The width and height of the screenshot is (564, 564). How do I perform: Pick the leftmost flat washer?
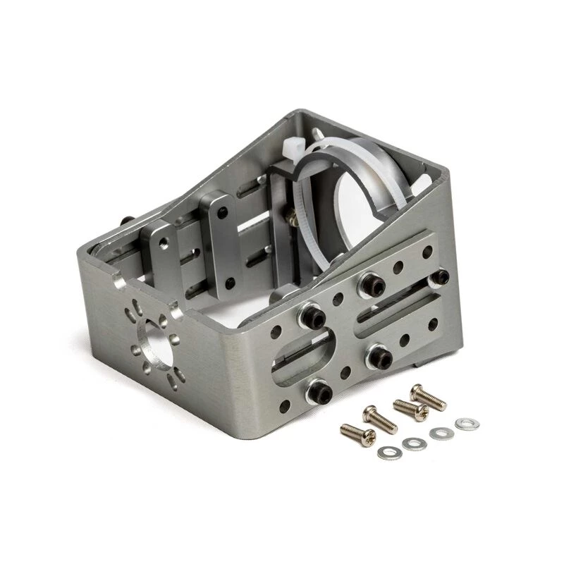(x=386, y=453)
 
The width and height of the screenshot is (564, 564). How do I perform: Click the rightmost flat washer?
(x=464, y=424)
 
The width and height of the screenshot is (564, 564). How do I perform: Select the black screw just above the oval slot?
(x=311, y=317)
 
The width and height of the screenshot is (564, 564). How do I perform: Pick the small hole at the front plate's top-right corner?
(x=427, y=250)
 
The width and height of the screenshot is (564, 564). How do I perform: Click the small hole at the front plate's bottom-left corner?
(x=284, y=405)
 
